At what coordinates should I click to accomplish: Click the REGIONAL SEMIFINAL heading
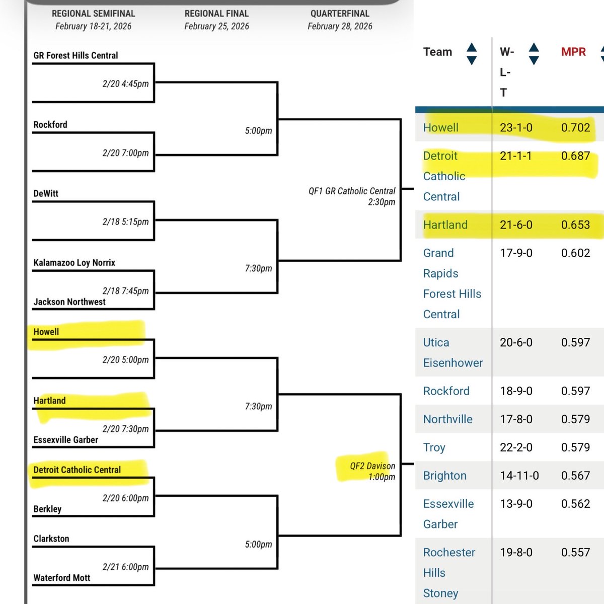(x=93, y=14)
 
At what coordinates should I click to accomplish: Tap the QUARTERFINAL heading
(x=340, y=14)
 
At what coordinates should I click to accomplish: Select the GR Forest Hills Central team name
(x=75, y=55)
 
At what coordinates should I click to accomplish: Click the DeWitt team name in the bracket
(x=46, y=193)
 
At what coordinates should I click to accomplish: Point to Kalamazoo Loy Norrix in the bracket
(x=74, y=263)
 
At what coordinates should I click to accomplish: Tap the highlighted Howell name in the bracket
(x=46, y=332)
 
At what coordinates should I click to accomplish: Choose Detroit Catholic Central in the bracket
(x=77, y=470)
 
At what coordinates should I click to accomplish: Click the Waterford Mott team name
(x=61, y=578)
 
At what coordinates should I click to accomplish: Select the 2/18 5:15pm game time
(x=125, y=221)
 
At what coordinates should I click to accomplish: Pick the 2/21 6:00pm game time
(x=125, y=567)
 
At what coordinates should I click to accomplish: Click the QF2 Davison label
(x=372, y=466)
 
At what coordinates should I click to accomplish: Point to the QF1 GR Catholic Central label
(x=352, y=191)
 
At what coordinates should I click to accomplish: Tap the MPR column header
(x=573, y=52)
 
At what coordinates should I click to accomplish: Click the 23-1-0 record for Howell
(x=516, y=127)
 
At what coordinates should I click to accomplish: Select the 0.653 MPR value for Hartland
(x=575, y=224)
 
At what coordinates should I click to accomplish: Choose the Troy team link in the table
(x=434, y=447)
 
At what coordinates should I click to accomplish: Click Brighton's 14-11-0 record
(x=519, y=476)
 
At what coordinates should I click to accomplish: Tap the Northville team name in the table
(x=447, y=419)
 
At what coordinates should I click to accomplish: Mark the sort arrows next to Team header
(x=471, y=54)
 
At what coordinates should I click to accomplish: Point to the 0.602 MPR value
(x=575, y=253)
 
